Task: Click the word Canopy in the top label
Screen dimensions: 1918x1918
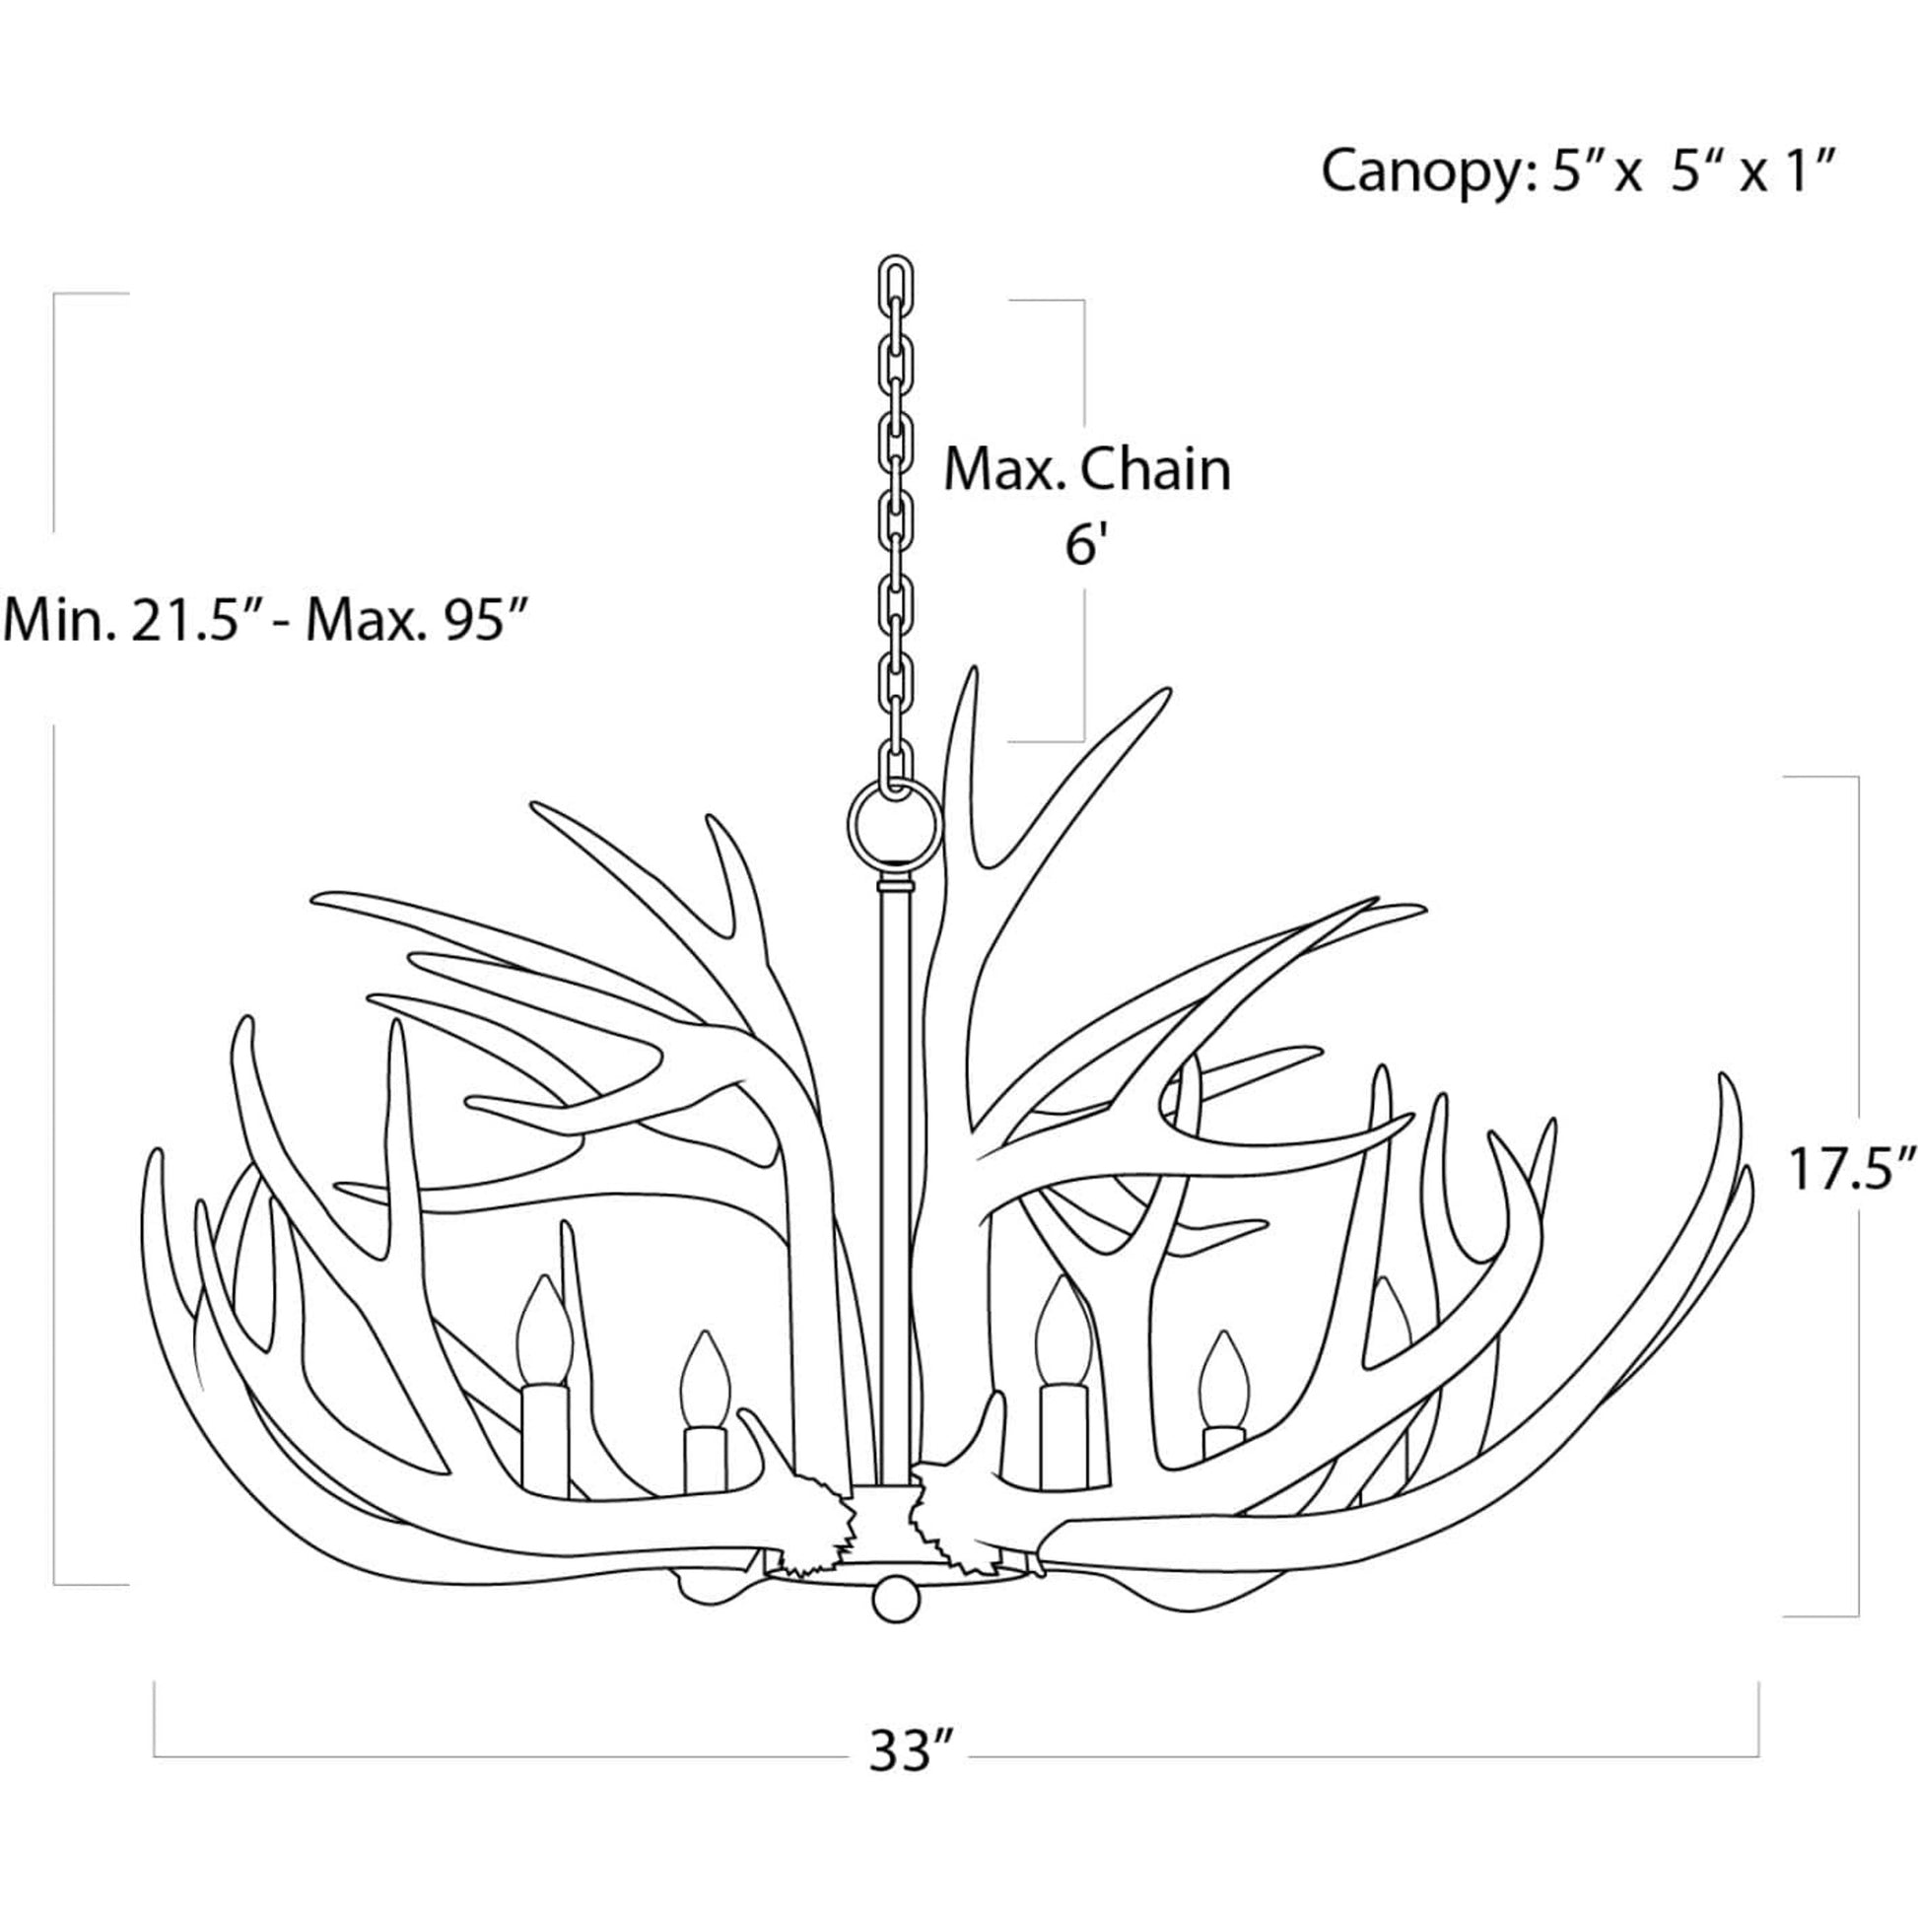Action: [1414, 171]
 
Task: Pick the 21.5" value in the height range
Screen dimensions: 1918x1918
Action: [187, 621]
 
